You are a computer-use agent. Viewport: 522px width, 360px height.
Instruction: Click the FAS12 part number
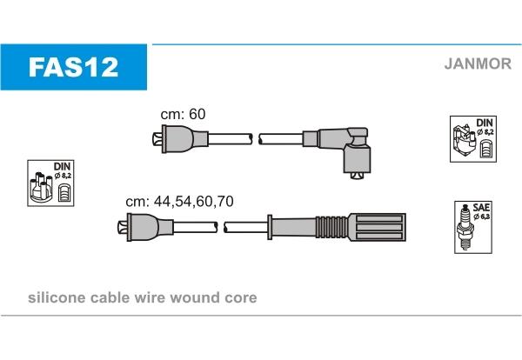pos(73,67)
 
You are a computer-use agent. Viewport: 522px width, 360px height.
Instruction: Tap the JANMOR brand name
pos(478,63)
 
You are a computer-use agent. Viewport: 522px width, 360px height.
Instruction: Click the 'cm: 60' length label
pos(183,114)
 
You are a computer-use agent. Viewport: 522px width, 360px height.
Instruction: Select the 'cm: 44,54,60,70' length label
pos(179,201)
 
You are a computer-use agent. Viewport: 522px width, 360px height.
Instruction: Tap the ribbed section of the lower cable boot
pos(331,227)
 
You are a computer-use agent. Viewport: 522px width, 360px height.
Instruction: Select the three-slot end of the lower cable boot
pos(377,227)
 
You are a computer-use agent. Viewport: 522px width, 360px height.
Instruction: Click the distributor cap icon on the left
pos(40,187)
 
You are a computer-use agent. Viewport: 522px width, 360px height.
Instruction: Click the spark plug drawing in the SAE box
pos(465,227)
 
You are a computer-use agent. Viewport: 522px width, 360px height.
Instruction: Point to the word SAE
pos(481,207)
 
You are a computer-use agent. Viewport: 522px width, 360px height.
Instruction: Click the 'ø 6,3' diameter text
pos(482,217)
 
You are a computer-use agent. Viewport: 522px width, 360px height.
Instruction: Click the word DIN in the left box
pos(63,166)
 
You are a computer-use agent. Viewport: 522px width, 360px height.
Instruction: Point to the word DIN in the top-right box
pos(485,123)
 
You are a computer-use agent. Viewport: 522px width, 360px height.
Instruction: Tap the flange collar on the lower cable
pos(270,227)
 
